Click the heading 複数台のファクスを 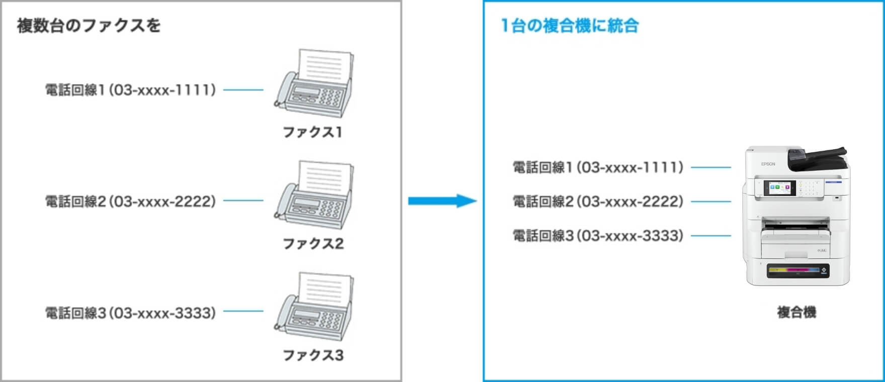click(88, 25)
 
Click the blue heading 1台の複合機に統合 click(570, 25)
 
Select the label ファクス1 click(312, 132)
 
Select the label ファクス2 click(313, 244)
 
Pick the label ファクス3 click(313, 355)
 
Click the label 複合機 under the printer click(796, 312)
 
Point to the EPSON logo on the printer click(768, 164)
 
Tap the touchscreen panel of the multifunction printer click(779, 188)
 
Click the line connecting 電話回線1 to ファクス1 click(243, 90)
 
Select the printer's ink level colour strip click(794, 270)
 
